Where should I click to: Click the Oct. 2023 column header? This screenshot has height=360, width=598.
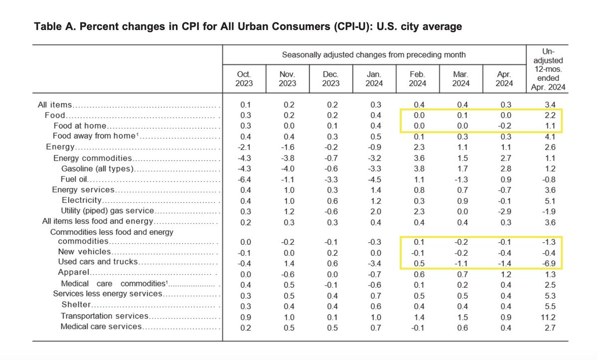[x=244, y=78]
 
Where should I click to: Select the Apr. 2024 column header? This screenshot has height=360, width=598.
[x=504, y=78]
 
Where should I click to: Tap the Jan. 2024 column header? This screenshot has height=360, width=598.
[x=374, y=78]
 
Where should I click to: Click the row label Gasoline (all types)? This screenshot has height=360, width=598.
[x=97, y=169]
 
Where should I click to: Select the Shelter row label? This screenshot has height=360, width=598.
[x=76, y=305]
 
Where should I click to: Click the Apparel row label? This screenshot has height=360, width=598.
[x=73, y=273]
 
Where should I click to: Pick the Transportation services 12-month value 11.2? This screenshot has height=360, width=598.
[x=548, y=316]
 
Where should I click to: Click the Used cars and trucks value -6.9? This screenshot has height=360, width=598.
[x=548, y=262]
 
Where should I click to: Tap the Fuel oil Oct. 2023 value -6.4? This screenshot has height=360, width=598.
[x=244, y=179]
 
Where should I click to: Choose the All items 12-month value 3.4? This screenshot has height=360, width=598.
[x=548, y=105]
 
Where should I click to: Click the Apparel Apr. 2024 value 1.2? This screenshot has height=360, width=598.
[x=504, y=273]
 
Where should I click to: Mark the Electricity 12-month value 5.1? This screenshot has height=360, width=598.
[x=548, y=200]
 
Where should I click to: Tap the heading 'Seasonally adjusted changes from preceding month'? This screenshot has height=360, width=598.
[x=374, y=54]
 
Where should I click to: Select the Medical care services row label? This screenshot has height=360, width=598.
[x=101, y=327]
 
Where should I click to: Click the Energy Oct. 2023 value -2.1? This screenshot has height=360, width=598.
[x=244, y=147]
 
